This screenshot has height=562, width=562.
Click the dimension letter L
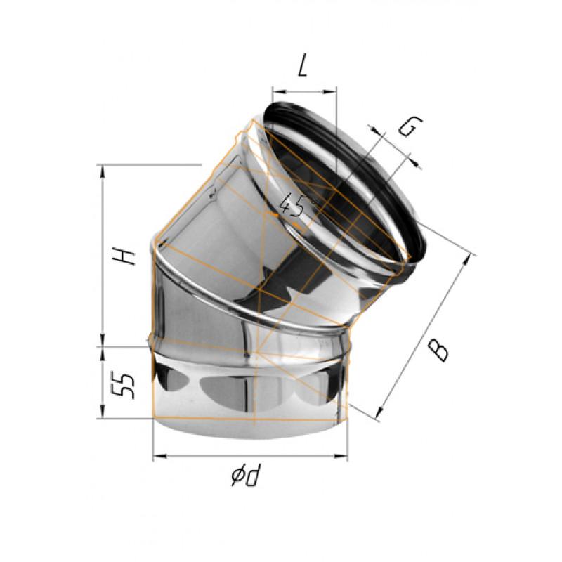click(303, 67)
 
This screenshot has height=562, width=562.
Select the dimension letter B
click(438, 349)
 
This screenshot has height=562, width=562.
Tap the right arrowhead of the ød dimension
click(345, 457)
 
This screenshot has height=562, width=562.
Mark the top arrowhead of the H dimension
click(103, 169)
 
